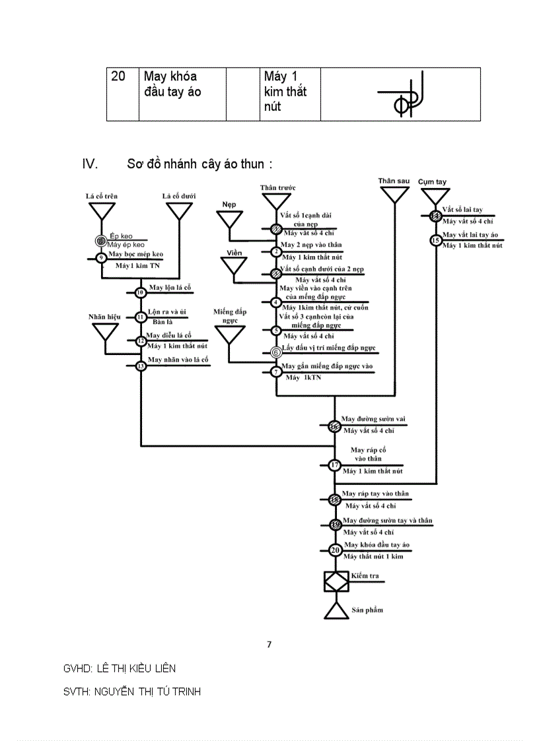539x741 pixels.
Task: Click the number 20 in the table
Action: point(118,77)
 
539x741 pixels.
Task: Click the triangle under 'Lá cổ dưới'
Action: point(179,210)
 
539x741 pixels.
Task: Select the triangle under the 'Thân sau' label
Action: point(394,194)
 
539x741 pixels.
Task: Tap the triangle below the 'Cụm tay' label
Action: point(435,197)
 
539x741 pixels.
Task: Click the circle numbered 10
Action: point(140,292)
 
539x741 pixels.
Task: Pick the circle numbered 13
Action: point(140,366)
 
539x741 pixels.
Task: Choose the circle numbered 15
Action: point(435,240)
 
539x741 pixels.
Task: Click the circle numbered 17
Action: point(335,465)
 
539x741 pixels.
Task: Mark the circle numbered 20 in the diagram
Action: point(335,550)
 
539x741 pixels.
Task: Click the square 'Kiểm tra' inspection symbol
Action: point(336,581)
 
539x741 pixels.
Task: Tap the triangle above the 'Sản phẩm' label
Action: point(336,610)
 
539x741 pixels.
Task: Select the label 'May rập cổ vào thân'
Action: point(368,454)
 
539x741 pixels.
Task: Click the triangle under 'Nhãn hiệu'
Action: point(105,331)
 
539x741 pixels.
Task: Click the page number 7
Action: point(269,645)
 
